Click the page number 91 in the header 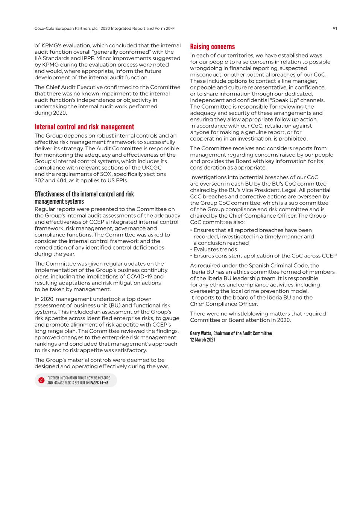(x=334, y=28)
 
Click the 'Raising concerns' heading (x=212, y=47)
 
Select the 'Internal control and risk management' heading (x=84, y=127)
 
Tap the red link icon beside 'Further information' (x=41, y=380)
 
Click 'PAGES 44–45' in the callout (x=99, y=383)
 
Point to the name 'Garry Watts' (x=201, y=333)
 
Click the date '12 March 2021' (x=203, y=340)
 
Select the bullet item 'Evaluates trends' (x=215, y=250)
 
